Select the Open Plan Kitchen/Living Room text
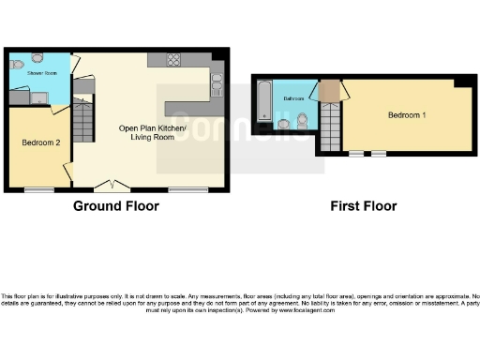coord(152,132)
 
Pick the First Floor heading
coord(364,206)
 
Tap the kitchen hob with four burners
coord(174,59)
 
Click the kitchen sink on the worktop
coord(217,86)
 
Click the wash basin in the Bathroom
coord(283,123)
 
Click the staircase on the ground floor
coord(82,120)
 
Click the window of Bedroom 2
coord(38,190)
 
